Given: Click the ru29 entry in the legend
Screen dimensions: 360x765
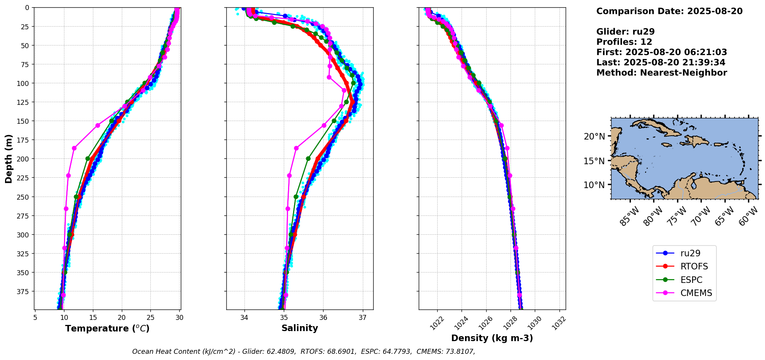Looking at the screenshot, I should tap(690, 253).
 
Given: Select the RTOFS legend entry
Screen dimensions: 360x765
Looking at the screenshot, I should tap(694, 266).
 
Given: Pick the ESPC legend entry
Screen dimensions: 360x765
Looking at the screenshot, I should tap(691, 280).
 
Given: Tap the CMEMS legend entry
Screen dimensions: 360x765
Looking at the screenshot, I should tap(696, 293).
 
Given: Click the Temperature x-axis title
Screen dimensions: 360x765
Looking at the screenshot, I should tap(107, 328).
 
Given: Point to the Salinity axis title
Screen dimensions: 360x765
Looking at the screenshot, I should tap(300, 328).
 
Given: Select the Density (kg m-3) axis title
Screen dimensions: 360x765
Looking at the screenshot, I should tap(492, 338).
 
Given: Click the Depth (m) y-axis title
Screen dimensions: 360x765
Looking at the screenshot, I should tap(8, 158).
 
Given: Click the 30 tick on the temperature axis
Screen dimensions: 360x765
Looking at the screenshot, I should tap(179, 318).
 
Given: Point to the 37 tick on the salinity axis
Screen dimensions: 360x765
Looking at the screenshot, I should tap(362, 318).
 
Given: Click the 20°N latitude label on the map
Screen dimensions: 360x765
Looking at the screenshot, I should tap(594, 136).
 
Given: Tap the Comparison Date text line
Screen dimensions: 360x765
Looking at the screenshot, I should tap(669, 11).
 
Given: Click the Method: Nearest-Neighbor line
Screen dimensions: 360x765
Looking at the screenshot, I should tap(662, 73).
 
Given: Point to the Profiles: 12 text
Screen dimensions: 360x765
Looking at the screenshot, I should tap(624, 42).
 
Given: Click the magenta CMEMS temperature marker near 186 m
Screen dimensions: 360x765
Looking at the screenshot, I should tap(74, 148).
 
